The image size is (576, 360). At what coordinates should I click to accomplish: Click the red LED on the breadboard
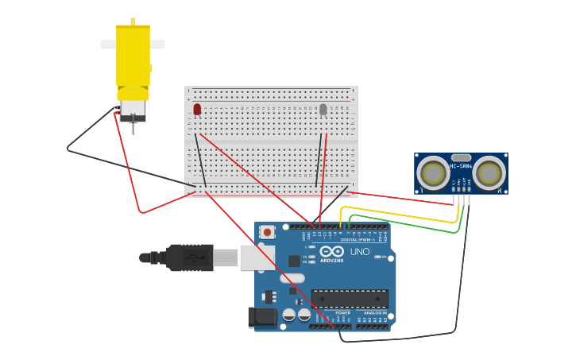[197, 109]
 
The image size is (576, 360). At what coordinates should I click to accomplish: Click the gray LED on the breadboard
[323, 109]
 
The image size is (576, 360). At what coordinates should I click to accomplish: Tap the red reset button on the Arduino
[268, 232]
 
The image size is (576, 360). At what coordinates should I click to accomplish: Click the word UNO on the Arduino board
[360, 252]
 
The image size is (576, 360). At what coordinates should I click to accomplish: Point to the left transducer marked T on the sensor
[433, 173]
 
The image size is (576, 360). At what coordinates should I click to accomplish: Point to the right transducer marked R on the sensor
[489, 173]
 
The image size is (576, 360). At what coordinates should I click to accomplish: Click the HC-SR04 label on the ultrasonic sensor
[461, 167]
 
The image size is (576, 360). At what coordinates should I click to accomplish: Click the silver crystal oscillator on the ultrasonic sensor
[461, 158]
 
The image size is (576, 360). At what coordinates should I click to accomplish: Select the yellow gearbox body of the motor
[133, 56]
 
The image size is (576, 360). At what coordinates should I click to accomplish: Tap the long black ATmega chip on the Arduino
[350, 299]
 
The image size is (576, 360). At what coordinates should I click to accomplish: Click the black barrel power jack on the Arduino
[262, 318]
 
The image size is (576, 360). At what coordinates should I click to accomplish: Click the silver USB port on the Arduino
[257, 257]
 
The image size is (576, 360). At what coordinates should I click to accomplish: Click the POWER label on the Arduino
[342, 313]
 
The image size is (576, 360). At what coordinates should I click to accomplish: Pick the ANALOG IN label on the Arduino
[375, 313]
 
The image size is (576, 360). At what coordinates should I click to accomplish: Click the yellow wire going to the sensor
[397, 208]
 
